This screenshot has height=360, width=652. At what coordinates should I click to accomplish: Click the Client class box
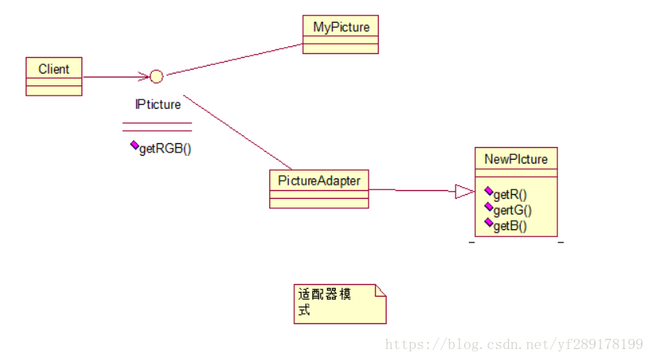53,76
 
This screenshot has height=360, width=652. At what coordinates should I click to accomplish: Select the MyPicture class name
340,27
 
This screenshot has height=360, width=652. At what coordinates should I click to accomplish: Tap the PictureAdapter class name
319,181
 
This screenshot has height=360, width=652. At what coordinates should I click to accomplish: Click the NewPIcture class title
516,160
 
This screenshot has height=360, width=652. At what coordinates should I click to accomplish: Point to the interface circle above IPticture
157,77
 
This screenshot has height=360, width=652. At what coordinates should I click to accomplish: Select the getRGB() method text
165,149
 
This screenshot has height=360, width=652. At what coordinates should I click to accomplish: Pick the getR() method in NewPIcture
510,195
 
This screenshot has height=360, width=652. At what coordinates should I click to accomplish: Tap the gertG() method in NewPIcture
513,210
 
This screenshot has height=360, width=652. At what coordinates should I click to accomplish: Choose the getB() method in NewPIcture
510,225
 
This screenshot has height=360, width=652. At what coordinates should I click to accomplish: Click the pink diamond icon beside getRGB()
134,146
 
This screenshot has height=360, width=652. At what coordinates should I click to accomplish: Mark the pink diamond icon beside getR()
488,192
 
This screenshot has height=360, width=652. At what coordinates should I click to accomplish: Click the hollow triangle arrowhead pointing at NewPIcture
465,191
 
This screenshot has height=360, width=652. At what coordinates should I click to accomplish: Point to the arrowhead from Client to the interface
144,77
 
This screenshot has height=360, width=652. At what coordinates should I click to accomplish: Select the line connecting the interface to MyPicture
235,59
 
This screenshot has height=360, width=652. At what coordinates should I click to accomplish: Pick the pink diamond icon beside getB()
488,223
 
